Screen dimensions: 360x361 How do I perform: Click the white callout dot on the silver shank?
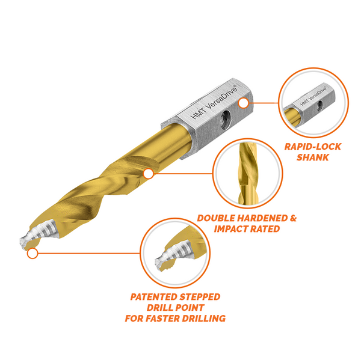(243, 103)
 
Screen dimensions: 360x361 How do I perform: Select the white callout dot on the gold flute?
(148, 174)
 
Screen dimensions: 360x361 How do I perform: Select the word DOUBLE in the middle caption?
(219, 218)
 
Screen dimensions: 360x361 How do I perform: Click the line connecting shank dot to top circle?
(264, 102)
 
